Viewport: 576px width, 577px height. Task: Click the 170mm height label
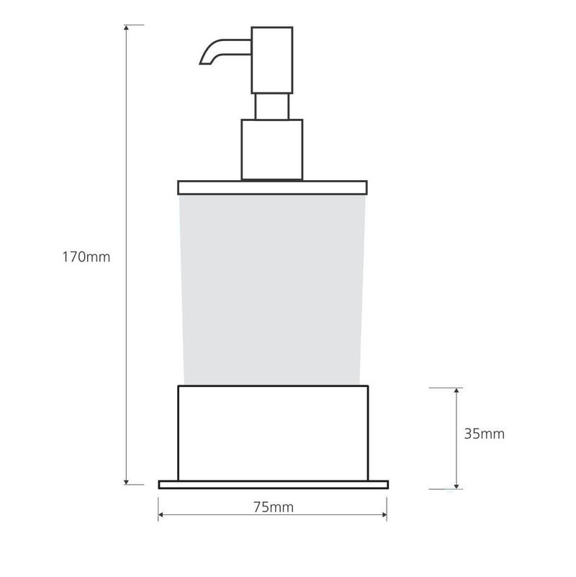tap(86, 257)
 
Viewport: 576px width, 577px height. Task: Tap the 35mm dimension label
tap(484, 434)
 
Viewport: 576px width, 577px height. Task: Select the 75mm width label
tap(274, 507)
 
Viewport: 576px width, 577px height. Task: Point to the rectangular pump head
tap(272, 60)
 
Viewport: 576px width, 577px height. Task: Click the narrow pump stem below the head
tap(272, 107)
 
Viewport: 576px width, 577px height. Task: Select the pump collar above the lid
tap(272, 150)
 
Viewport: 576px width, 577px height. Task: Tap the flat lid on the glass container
tap(273, 188)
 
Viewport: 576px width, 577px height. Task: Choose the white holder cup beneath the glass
tap(273, 433)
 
